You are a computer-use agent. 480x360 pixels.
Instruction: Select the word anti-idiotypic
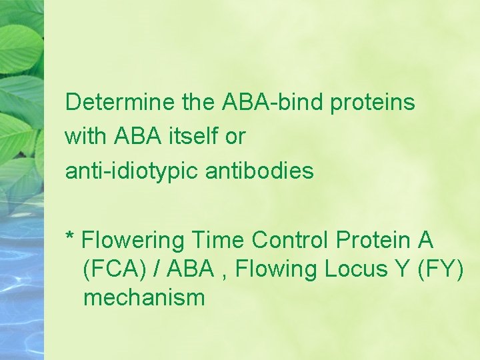click(132, 171)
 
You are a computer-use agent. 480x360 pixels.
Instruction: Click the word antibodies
click(259, 171)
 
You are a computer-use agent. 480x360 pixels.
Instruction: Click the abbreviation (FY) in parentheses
click(443, 269)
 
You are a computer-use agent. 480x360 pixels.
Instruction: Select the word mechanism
click(144, 297)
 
